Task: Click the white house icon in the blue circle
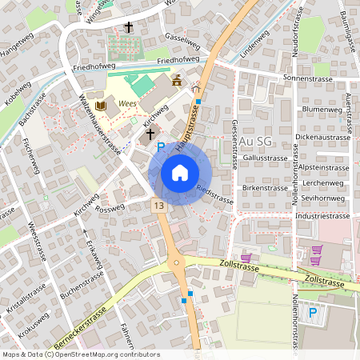(180, 173)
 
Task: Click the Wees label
(126, 104)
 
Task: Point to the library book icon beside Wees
(101, 106)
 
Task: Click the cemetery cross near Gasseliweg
(128, 27)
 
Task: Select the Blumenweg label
(322, 108)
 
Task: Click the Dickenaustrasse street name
(323, 138)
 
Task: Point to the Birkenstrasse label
(264, 188)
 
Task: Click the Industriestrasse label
(322, 216)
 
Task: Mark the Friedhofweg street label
(178, 60)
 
